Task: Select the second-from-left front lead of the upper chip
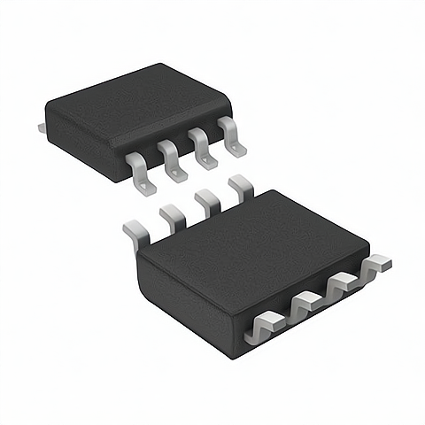point(173,161)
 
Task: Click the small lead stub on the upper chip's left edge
point(42,129)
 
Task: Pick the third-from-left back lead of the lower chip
point(207,203)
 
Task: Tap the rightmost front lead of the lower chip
point(376,263)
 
